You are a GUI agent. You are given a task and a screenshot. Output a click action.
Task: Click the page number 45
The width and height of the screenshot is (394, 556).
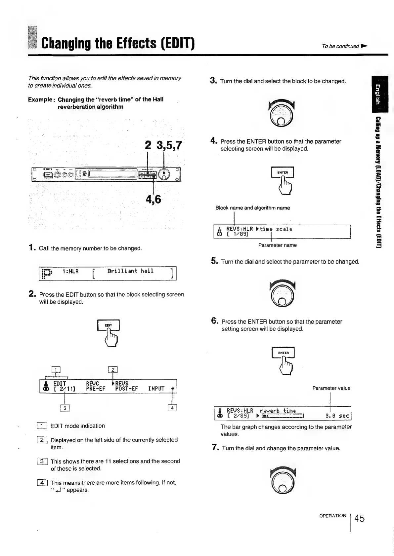[359, 518]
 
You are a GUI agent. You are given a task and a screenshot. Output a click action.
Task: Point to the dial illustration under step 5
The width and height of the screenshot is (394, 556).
[282, 293]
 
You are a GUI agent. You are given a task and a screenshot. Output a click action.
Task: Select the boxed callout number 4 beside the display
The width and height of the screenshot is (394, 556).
[173, 408]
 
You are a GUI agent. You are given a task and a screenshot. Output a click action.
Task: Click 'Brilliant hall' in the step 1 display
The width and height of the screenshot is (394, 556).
[130, 271]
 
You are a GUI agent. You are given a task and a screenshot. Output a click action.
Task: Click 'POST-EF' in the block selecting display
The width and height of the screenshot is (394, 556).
[126, 389]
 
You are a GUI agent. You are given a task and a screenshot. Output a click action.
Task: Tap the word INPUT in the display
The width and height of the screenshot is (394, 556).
[156, 389]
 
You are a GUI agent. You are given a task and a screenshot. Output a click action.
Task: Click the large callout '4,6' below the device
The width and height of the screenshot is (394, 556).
[153, 199]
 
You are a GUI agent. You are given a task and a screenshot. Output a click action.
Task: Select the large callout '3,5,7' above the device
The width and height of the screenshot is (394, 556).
[169, 145]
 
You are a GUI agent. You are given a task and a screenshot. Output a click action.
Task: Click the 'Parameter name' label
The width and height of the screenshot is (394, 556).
[277, 245]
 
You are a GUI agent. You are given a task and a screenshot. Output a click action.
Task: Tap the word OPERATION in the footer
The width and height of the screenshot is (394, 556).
[332, 516]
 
